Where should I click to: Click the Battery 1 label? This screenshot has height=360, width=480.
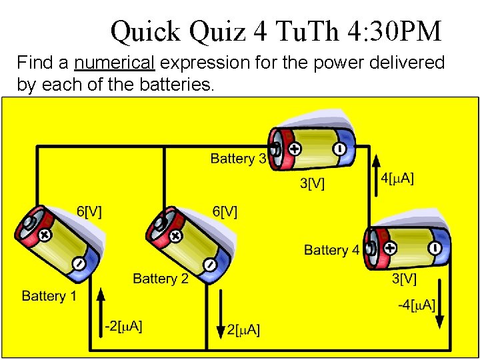pos(49,296)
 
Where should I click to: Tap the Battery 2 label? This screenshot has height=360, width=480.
pos(161,279)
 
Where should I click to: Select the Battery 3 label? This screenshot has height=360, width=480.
pos(238,159)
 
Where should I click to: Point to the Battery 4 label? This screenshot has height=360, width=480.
pos(331,250)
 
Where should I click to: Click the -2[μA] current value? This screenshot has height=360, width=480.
pos(123,326)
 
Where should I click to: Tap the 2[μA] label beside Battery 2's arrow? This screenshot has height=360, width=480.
pos(243,329)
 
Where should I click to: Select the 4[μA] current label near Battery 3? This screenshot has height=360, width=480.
pos(397,178)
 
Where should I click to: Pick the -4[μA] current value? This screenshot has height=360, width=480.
pos(417,305)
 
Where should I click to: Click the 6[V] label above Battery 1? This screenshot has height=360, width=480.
pos(89,211)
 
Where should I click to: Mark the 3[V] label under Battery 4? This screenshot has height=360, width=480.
pos(404,279)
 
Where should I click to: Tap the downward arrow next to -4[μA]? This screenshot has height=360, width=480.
pos(440,313)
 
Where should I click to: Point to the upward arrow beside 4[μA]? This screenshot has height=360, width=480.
pos(376,174)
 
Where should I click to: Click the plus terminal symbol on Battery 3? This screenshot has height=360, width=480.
pos(294,150)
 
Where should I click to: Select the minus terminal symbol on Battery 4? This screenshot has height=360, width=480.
pos(435,248)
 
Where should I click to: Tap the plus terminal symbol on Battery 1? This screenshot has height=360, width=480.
pos(45,235)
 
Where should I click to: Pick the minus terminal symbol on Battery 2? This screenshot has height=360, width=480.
pos(210,265)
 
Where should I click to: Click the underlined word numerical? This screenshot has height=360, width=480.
pos(115,63)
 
